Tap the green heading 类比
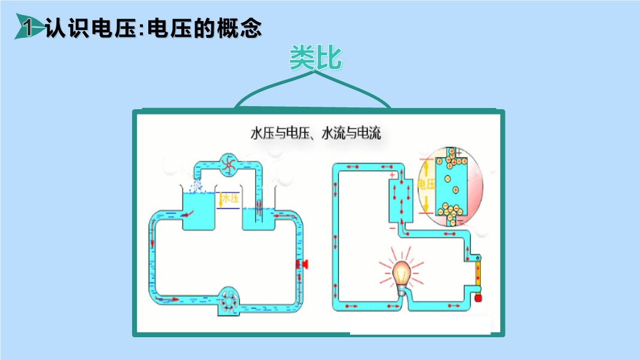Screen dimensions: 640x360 click(x=316, y=58)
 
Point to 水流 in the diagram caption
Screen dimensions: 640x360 click(x=333, y=133)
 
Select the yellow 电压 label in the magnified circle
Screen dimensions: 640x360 click(x=426, y=184)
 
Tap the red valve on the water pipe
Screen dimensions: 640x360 click(x=303, y=264)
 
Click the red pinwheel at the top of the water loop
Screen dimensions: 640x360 click(x=229, y=165)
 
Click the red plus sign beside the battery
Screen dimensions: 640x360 click(x=392, y=175)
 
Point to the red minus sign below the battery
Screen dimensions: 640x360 click(x=393, y=229)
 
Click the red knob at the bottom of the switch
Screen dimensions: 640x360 click(x=478, y=298)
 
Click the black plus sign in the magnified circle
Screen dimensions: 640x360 click(x=459, y=152)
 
